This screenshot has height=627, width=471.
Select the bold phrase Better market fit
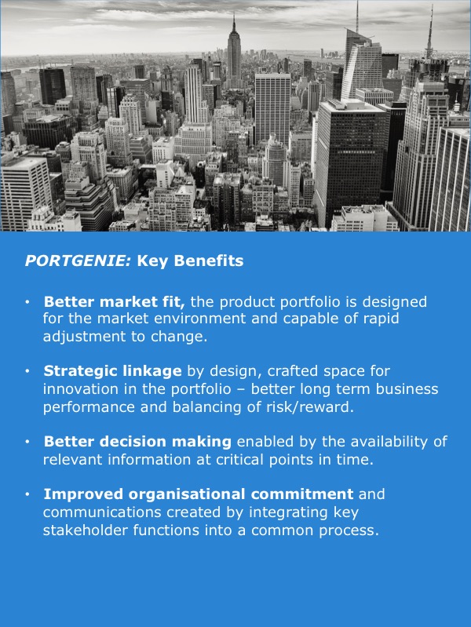[x=114, y=301]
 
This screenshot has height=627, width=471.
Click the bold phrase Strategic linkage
[x=112, y=371]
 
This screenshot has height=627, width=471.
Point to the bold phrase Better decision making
[x=137, y=442]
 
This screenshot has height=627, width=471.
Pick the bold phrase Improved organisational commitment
[x=199, y=494]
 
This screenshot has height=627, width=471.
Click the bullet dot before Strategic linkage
[x=27, y=371]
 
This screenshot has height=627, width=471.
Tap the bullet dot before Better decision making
[x=27, y=442]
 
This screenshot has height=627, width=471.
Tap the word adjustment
[x=85, y=337]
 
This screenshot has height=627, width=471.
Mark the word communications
[x=102, y=512]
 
